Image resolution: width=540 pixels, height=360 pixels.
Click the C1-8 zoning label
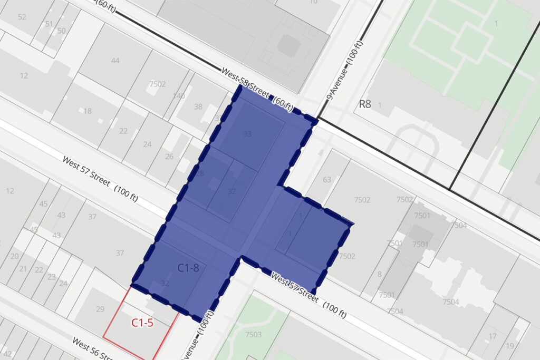(188, 268)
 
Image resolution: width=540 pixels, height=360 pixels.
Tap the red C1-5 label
(142, 323)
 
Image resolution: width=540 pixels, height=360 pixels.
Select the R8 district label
(365, 104)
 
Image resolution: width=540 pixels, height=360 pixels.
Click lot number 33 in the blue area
(247, 134)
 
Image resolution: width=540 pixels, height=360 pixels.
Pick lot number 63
(327, 180)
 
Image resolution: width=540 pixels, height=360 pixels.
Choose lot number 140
(179, 96)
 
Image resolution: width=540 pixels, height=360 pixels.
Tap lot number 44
(115, 61)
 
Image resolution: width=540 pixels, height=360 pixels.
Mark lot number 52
(22, 17)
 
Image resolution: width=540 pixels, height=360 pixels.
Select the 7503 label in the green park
(253, 335)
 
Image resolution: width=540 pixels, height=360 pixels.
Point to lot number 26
(169, 157)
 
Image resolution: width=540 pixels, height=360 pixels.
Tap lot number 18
(88, 111)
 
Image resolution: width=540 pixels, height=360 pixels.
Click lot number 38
(198, 106)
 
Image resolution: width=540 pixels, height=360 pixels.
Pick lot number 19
(510, 346)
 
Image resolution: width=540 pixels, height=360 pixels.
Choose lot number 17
(493, 336)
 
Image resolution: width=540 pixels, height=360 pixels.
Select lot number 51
(49, 24)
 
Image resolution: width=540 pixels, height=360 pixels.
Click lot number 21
(23, 269)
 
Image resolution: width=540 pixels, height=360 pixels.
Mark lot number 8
(379, 274)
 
